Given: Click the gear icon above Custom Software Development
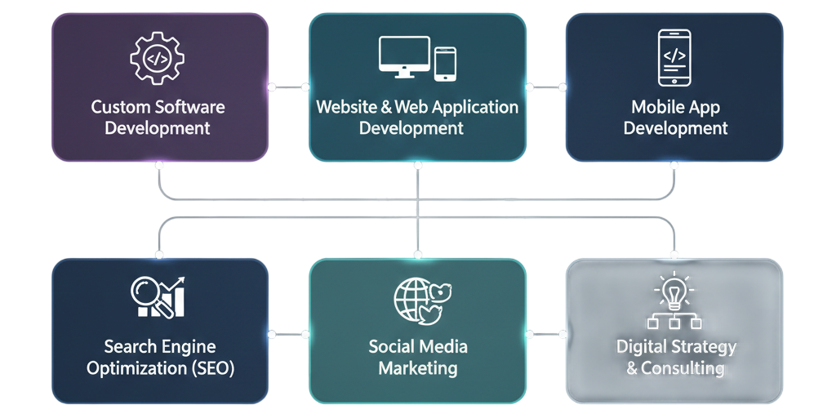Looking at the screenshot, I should point(158,58).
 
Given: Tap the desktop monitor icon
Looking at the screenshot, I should point(403,57).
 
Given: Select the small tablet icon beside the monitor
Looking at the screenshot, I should point(445,64).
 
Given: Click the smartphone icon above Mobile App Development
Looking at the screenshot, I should point(674,58).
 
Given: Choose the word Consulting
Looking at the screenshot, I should point(683,368).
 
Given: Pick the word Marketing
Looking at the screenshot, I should point(417,367).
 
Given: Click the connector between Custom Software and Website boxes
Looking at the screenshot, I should point(288,87).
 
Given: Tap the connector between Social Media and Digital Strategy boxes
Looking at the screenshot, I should point(545,333).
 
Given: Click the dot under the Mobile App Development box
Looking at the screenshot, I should point(674,166).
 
